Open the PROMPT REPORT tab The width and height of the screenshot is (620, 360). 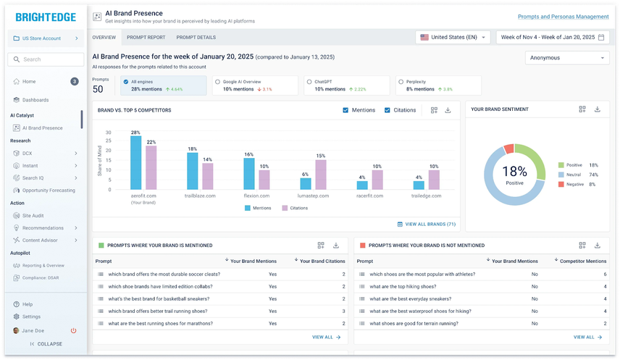tap(146, 37)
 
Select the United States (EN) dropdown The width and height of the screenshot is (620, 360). tap(453, 37)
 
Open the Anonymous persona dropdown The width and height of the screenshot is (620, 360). tap(567, 58)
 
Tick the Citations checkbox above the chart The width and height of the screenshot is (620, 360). tap(387, 110)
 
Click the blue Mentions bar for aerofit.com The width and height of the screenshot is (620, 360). tap(135, 163)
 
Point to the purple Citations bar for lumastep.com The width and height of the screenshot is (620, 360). tap(321, 175)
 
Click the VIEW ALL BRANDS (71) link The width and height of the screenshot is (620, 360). tap(427, 225)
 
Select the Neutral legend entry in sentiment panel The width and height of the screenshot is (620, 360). tap(574, 175)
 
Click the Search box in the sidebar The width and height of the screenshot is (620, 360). tap(47, 59)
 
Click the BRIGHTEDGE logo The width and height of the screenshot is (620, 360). tap(43, 17)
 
